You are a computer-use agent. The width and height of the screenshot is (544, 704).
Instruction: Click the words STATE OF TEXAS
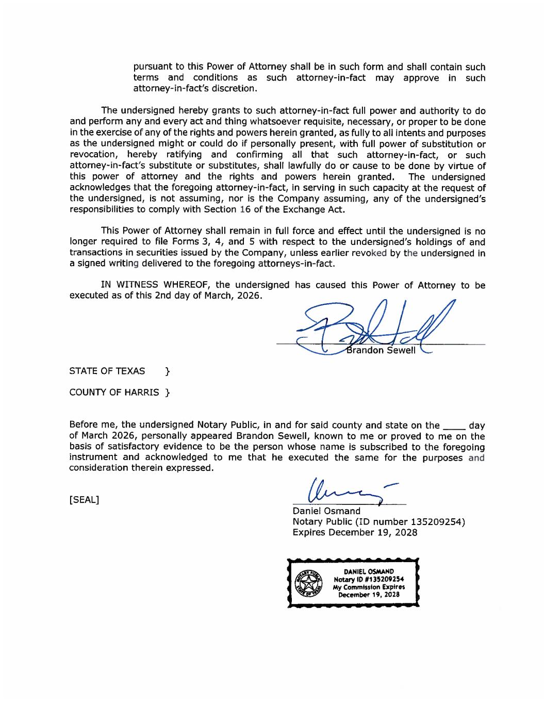107,371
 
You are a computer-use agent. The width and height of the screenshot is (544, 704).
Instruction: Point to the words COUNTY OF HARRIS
114,392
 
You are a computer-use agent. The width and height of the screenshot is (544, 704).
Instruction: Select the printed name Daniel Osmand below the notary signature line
326,511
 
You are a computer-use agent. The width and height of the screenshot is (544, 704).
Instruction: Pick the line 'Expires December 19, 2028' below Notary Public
355,532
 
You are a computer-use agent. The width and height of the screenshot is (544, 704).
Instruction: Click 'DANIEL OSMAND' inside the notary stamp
369,571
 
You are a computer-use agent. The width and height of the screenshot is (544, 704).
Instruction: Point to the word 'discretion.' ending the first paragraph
231,89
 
